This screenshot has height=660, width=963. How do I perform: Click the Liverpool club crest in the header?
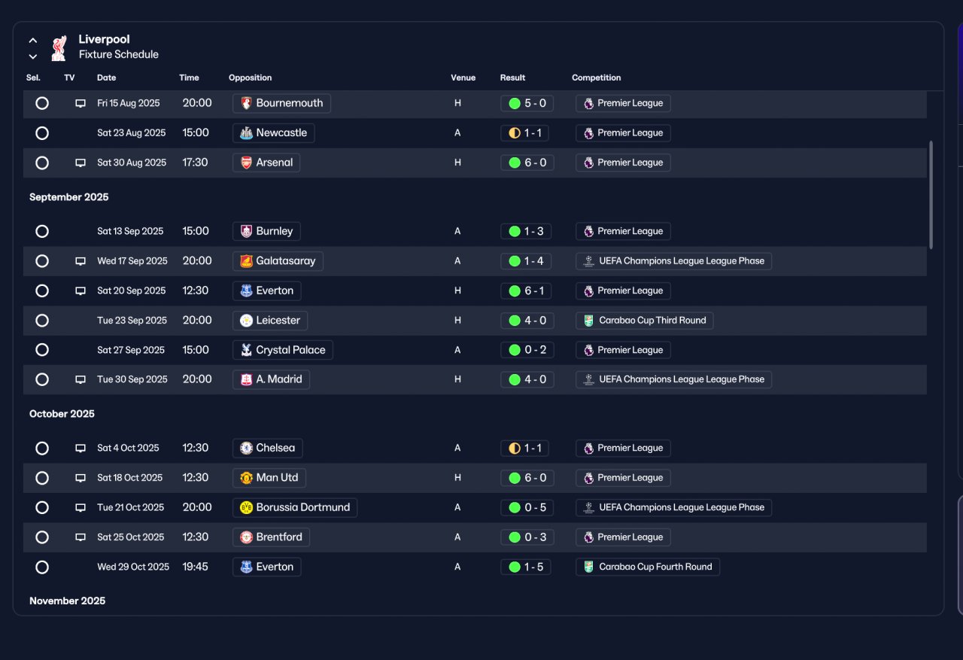click(59, 47)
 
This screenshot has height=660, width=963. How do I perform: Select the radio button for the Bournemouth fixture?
click(42, 103)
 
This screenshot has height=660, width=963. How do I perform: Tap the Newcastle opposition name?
click(281, 133)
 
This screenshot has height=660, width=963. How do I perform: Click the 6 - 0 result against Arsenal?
click(527, 163)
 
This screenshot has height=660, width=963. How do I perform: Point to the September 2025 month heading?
click(68, 197)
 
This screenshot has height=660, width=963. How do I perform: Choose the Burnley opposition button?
click(266, 231)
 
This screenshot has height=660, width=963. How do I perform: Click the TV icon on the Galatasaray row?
click(81, 261)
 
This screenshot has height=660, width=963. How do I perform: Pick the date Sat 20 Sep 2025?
click(131, 290)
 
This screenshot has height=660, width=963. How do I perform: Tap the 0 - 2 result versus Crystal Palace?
click(527, 350)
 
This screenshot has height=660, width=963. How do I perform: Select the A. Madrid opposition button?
click(271, 379)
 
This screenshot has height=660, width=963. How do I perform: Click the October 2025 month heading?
click(62, 414)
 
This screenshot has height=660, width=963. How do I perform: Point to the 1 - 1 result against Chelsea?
click(525, 448)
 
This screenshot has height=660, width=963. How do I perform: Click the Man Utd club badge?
click(246, 478)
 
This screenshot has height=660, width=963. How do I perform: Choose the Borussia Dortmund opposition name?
click(303, 507)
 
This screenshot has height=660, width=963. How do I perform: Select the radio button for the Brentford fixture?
click(42, 537)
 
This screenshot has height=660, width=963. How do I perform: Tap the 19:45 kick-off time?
click(195, 567)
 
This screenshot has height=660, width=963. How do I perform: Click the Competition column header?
click(597, 78)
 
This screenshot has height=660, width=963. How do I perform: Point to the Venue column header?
click(463, 78)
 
